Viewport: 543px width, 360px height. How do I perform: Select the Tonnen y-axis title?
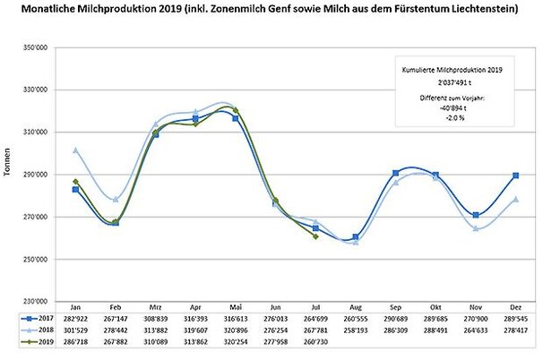(9, 175)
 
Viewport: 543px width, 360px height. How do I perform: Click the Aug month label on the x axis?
(356, 305)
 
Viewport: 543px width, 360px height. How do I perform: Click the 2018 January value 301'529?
(75, 330)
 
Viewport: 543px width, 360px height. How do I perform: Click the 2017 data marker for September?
(396, 173)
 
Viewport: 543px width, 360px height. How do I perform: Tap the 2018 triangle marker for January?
(75, 150)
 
